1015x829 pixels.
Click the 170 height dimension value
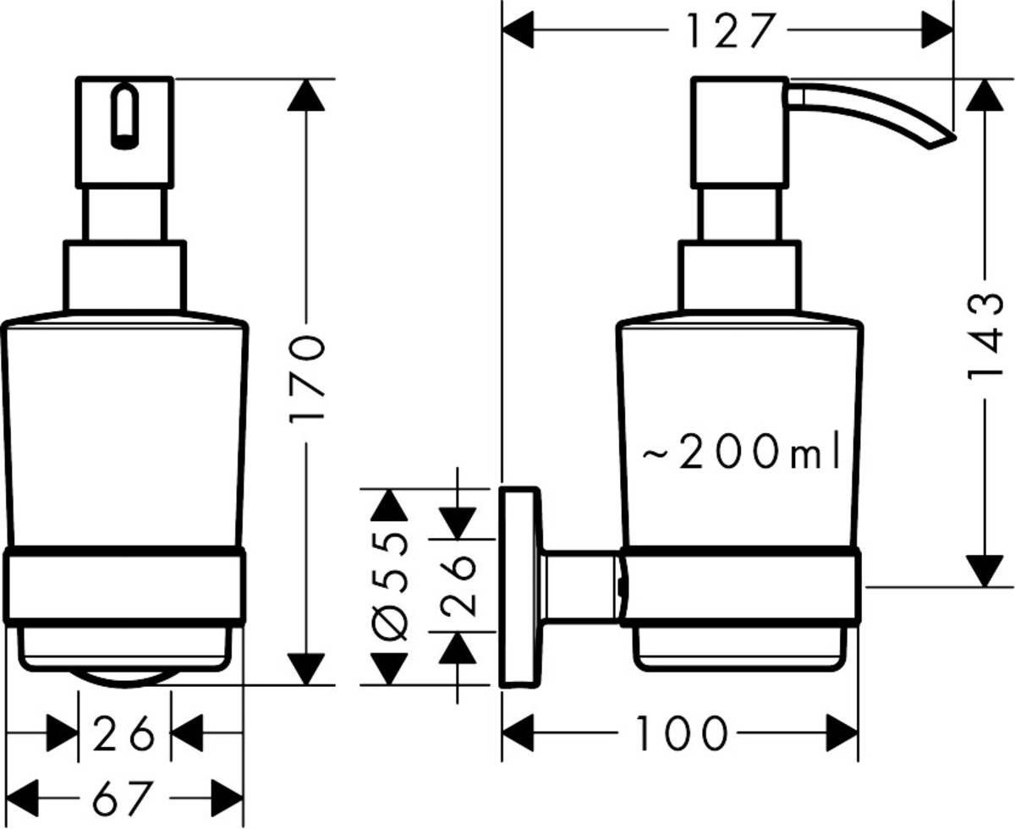point(305,378)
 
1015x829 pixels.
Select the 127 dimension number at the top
point(729,33)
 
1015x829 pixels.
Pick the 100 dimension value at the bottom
point(681,733)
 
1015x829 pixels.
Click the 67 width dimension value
point(124,797)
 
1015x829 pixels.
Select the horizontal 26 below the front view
point(124,733)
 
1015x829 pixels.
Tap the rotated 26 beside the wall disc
point(458,586)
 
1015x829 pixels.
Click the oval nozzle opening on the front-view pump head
point(124,117)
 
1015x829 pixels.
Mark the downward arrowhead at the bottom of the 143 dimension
point(984,569)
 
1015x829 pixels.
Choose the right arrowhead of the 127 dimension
point(936,33)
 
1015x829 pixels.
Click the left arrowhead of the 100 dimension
point(519,733)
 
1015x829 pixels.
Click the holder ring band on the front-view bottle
point(124,586)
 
